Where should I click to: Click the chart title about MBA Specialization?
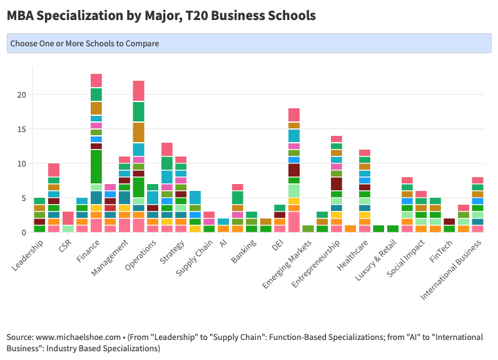[161, 15]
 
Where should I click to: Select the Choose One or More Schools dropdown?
[248, 43]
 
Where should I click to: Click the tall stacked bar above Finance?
[96, 153]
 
